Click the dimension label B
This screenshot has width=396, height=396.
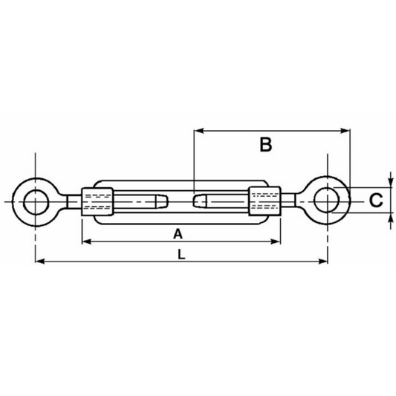coord(266,145)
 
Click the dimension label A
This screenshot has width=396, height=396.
coord(178,234)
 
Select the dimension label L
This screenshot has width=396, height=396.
coord(181,254)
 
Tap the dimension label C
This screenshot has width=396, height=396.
coord(376,201)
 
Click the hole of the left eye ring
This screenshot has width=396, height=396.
coord(36,202)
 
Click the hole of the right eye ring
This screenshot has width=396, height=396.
coord(327,200)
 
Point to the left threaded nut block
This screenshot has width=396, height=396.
coord(97,201)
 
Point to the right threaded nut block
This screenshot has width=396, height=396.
coord(264,201)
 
